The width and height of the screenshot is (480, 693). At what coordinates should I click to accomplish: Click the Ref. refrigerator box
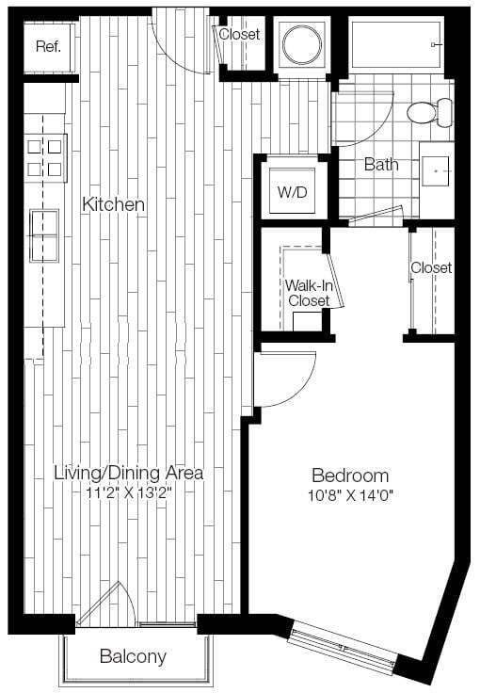point(48,46)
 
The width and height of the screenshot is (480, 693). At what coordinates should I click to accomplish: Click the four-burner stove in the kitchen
point(45,157)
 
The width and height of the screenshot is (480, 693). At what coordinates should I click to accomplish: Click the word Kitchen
point(113,204)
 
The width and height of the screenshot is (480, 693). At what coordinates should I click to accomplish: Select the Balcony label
point(133,656)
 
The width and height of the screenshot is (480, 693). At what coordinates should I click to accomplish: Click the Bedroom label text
point(350,475)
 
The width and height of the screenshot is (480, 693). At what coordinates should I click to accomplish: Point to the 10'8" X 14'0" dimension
point(350,495)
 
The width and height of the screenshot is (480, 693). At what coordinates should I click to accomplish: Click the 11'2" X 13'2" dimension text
point(128,492)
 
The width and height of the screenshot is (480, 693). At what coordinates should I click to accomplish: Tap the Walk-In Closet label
point(308,292)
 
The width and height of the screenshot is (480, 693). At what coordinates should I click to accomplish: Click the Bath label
point(380,165)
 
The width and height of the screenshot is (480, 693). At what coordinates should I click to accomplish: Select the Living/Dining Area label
point(128,473)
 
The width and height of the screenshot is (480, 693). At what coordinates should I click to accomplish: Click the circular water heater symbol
point(301,43)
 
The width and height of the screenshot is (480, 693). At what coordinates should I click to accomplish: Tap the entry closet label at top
point(239,35)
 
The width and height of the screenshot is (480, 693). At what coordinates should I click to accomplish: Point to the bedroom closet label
point(431,268)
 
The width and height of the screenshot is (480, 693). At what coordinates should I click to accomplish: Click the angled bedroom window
point(344,652)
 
